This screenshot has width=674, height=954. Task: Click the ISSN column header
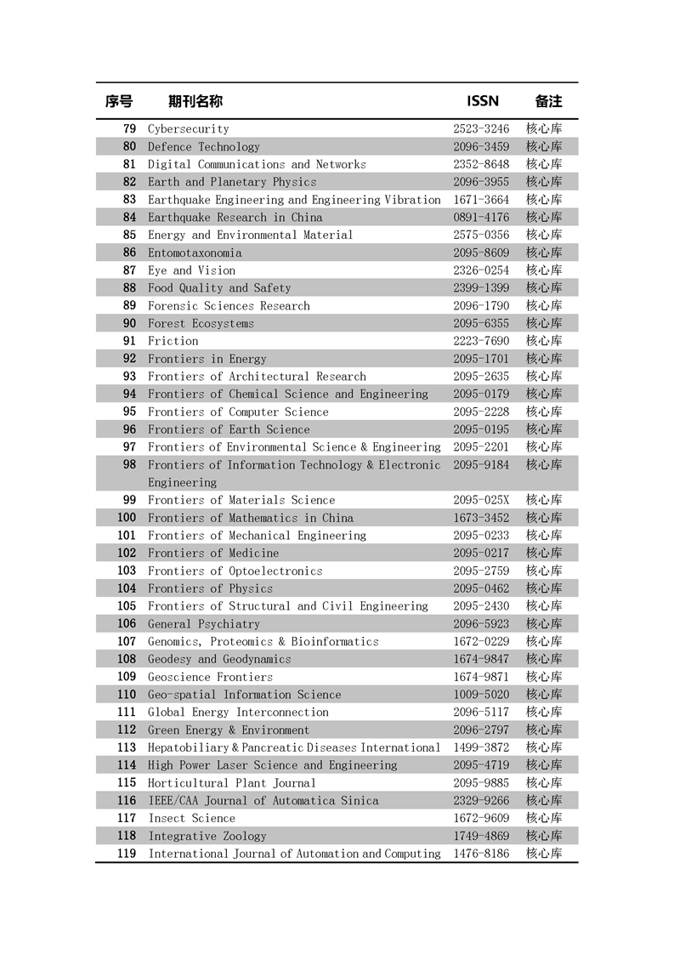[482, 101]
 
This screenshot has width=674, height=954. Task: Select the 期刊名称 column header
[195, 101]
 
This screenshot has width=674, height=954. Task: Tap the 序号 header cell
[119, 101]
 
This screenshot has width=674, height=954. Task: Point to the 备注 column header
[548, 101]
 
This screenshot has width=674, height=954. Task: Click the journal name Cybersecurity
[189, 129]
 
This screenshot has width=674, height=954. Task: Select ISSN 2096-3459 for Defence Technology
[481, 147]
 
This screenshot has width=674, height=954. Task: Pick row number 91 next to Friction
[129, 341]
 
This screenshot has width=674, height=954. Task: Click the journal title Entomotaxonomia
[195, 253]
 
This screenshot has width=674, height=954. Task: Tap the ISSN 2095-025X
[481, 500]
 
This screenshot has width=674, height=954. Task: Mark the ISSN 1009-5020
[481, 695]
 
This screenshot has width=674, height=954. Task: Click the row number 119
[127, 854]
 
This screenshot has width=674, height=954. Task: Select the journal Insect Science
[191, 818]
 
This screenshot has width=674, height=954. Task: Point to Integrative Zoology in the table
[207, 836]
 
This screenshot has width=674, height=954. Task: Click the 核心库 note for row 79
[544, 129]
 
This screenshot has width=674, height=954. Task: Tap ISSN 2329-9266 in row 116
[481, 800]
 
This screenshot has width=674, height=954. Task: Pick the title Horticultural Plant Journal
[232, 783]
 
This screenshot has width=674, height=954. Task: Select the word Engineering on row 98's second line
[183, 482]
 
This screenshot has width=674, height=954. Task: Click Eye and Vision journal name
[191, 270]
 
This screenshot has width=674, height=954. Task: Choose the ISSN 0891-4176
[481, 218]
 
